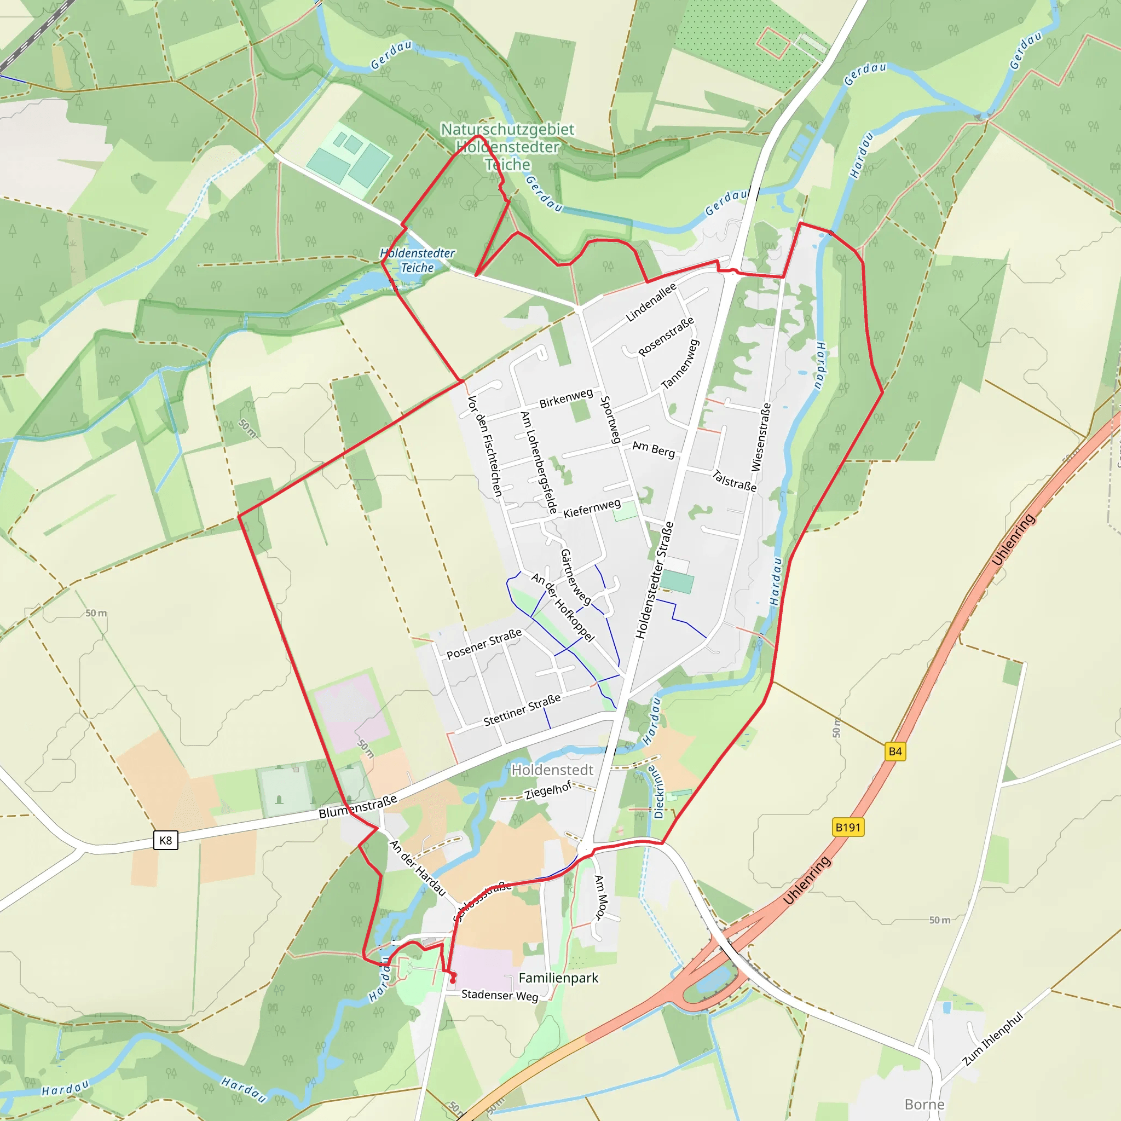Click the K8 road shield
165,840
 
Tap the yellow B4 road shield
895,752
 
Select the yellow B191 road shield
848,828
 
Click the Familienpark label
558,978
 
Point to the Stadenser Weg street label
500,995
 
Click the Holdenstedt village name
552,770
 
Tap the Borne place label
924,1104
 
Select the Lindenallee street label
651,302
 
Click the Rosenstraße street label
666,337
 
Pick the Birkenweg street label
566,398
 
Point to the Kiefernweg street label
592,508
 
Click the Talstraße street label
735,481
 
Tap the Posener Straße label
484,644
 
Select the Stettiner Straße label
522,709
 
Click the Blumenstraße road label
358,806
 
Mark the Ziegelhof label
548,790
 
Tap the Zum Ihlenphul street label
993,1038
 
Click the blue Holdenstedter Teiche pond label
417,261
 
